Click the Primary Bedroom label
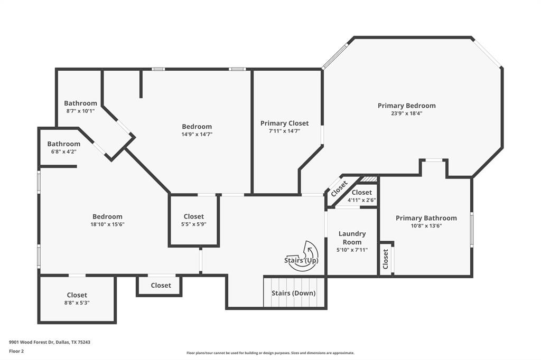(x=406, y=106)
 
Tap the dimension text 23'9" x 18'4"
(x=406, y=113)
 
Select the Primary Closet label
(x=284, y=123)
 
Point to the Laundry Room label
(x=352, y=238)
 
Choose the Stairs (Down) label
(x=293, y=293)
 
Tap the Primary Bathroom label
(x=426, y=218)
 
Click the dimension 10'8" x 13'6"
(x=426, y=225)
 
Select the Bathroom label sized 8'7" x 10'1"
(x=80, y=103)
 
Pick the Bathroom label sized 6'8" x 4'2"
(x=64, y=144)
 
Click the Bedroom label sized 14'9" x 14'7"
(x=197, y=127)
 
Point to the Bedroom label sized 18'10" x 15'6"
(x=107, y=216)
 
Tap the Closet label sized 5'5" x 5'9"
(x=193, y=216)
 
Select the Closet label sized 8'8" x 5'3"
(x=77, y=295)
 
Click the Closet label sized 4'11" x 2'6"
(x=361, y=193)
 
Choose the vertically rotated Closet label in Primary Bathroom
(x=386, y=259)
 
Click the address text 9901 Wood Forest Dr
(x=50, y=342)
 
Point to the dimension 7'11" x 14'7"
(x=284, y=131)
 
